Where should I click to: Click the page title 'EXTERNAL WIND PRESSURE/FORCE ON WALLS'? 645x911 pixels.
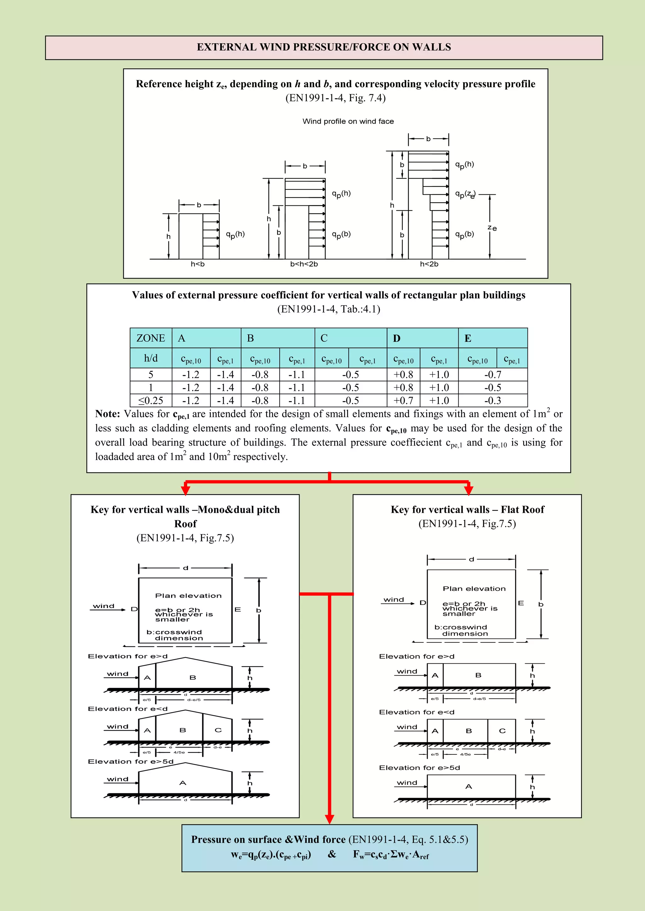tap(324, 47)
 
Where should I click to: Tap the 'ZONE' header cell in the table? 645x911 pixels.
tap(151, 338)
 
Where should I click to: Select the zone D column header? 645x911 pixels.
tap(397, 338)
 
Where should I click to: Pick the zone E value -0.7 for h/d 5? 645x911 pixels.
tap(493, 375)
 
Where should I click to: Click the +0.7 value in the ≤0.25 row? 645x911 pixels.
tap(403, 400)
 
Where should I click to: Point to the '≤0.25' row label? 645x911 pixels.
tap(151, 400)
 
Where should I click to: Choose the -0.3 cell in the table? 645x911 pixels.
tap(493, 400)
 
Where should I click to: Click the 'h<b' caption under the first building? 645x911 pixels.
tap(198, 264)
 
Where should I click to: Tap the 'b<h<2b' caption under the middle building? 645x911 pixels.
tap(304, 264)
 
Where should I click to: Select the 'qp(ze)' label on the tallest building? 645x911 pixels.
tap(465, 194)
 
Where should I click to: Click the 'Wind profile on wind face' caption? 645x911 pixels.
tap(348, 121)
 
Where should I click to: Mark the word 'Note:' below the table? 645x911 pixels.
tap(107, 414)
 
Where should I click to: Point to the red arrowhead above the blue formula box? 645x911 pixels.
tap(329, 819)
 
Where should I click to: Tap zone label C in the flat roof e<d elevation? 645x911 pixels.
tap(502, 731)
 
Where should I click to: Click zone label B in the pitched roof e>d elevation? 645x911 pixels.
tap(193, 678)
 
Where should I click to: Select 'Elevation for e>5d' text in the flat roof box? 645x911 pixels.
tap(420, 768)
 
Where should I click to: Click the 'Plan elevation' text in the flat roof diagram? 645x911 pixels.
tap(474, 589)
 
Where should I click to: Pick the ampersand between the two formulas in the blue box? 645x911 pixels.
tap(332, 854)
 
